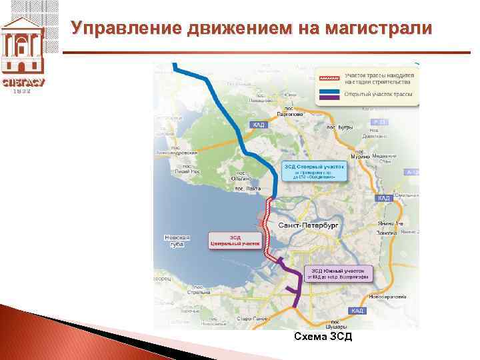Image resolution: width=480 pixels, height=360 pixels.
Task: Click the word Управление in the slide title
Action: tap(127, 29)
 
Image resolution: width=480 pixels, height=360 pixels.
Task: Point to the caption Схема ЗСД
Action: tap(323, 337)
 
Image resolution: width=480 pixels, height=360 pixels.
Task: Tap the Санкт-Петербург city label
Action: tap(309, 225)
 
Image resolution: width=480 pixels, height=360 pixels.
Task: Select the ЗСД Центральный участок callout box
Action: tap(233, 241)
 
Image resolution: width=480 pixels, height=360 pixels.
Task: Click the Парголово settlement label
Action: tap(290, 111)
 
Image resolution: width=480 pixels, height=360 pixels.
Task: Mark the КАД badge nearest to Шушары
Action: tap(357, 311)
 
